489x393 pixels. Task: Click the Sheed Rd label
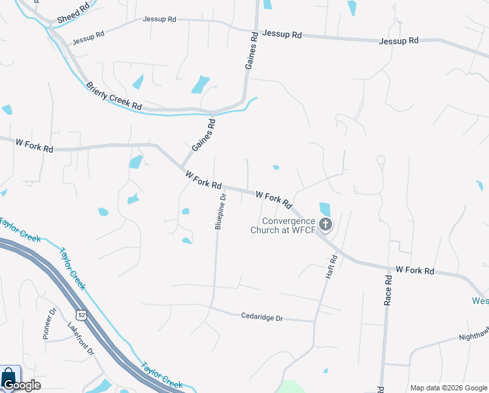click(x=72, y=14)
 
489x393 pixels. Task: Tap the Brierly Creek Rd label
click(x=114, y=96)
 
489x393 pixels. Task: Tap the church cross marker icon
click(x=325, y=225)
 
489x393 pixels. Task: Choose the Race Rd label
click(x=388, y=290)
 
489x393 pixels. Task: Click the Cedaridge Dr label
click(x=261, y=318)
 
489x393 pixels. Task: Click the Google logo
click(x=21, y=385)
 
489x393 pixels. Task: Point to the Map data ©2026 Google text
click(x=449, y=388)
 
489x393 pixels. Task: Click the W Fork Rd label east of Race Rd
click(x=415, y=270)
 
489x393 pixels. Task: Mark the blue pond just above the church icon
click(x=325, y=210)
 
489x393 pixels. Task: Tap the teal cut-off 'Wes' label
click(x=480, y=301)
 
